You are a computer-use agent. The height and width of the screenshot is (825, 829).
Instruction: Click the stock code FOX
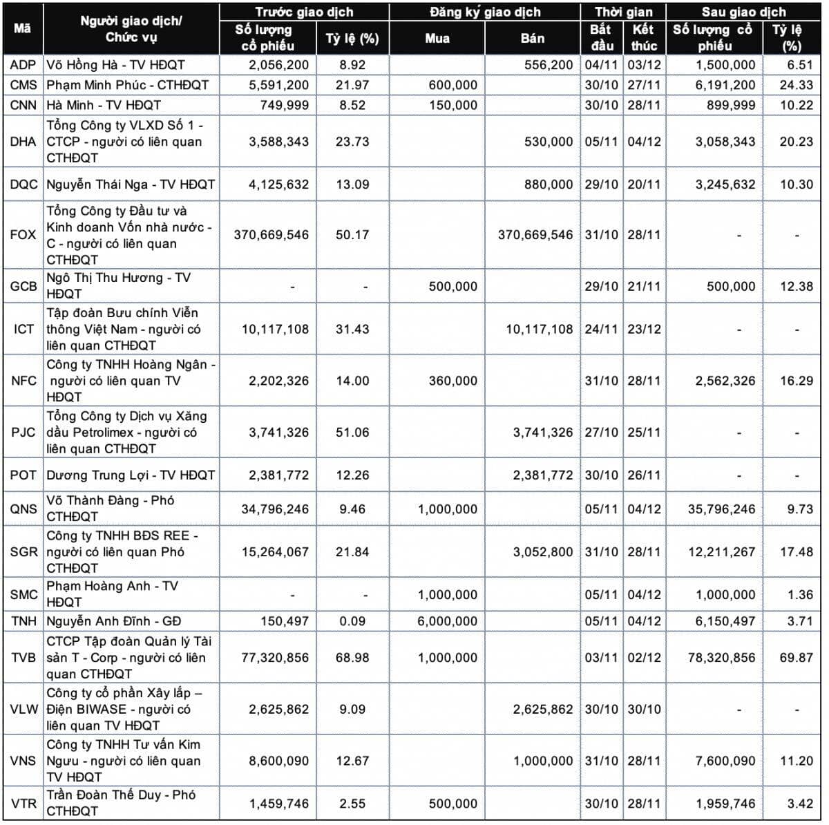point(23,235)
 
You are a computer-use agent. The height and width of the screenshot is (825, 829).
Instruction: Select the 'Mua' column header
point(437,38)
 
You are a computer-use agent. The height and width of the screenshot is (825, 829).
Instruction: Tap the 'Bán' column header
point(532,38)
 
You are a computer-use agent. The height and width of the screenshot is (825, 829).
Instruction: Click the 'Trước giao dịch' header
point(304,12)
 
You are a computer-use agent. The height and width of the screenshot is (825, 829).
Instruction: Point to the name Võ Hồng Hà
point(82,65)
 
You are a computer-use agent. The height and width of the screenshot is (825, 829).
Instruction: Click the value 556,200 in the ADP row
point(549,65)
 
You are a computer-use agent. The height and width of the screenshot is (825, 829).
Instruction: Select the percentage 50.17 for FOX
point(352,235)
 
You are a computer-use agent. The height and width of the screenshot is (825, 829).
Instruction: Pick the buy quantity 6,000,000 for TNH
point(448,621)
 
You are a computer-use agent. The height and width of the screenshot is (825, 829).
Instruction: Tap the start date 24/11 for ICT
point(601,329)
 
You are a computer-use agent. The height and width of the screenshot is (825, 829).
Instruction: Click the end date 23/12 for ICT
point(644,329)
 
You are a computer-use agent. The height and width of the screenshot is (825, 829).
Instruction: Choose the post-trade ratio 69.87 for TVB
point(797,658)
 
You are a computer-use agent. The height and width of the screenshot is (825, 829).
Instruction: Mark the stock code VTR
point(23,804)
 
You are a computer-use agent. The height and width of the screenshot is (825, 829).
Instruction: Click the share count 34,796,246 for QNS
point(275,509)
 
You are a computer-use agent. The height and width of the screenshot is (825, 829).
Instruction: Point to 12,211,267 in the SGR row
point(721,552)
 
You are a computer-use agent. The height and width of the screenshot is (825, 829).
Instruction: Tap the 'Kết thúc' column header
point(644,38)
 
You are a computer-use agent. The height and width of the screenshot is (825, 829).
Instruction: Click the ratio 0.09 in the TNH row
point(352,621)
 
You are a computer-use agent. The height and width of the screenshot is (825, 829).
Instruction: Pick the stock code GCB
point(23,286)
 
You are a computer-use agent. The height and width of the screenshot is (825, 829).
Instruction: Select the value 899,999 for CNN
point(731,106)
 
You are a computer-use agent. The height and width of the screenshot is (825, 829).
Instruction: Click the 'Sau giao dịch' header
point(744,12)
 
